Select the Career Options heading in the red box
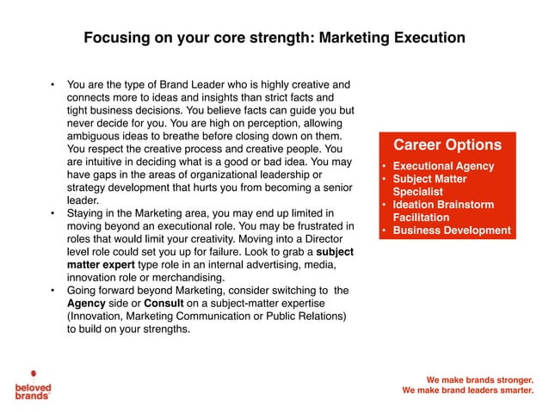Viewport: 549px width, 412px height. tap(447, 145)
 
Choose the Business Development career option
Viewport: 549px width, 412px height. tap(451, 231)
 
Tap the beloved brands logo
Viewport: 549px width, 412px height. tap(33, 384)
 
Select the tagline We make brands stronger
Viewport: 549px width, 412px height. tap(480, 379)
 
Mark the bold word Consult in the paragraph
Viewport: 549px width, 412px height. tap(163, 304)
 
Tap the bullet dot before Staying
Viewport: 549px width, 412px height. tap(52, 212)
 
